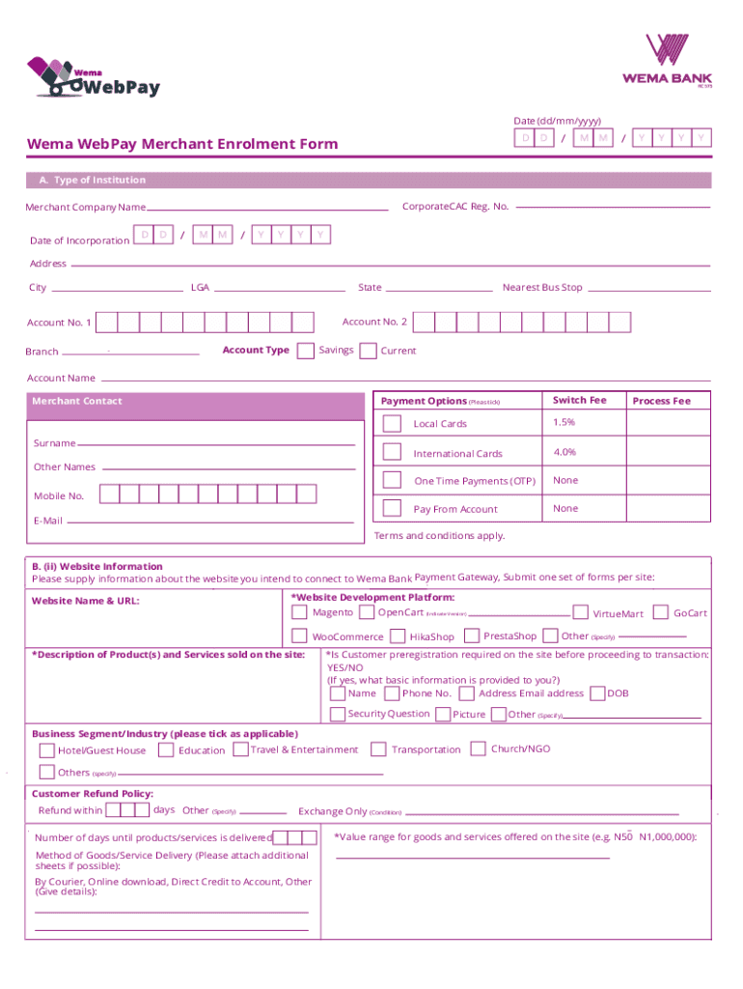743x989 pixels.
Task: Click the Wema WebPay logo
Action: [x=94, y=77]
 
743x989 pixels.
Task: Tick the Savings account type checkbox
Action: [x=305, y=351]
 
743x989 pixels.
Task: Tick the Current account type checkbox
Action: [x=368, y=352]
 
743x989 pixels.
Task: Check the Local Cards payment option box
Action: [x=392, y=424]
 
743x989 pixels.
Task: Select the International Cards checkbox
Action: [x=392, y=452]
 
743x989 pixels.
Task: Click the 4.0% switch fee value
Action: [x=564, y=452]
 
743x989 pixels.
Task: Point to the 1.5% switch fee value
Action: [x=564, y=423]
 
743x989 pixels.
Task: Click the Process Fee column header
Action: [x=661, y=401]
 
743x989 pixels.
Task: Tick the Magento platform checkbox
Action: [x=299, y=612]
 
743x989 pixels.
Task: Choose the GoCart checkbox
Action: [x=661, y=612]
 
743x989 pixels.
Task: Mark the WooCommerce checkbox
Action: [x=299, y=636]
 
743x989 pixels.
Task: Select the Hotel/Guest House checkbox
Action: [x=46, y=750]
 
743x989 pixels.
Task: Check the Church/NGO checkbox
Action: [x=479, y=749]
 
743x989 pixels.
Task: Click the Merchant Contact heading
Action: [x=77, y=401]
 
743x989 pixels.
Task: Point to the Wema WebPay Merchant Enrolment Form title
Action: [x=182, y=144]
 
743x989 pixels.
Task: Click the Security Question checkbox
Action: [x=337, y=715]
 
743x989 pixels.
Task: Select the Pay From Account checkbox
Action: [x=392, y=508]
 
